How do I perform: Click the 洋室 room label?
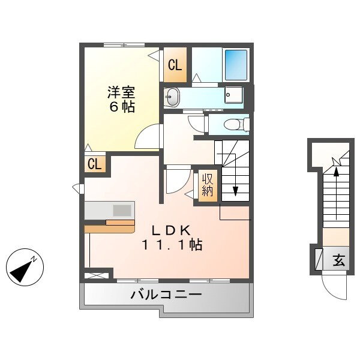pos(121,93)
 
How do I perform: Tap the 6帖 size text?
pos(121,108)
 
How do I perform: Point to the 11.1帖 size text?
pos(172,245)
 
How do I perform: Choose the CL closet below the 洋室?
pos(94,164)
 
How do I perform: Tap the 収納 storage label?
pos(208,185)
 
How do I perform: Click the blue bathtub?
pos(236,63)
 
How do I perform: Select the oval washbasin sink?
pos(172,97)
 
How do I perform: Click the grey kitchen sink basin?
pos(122,210)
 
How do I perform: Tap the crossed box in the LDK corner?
pos(97,275)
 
